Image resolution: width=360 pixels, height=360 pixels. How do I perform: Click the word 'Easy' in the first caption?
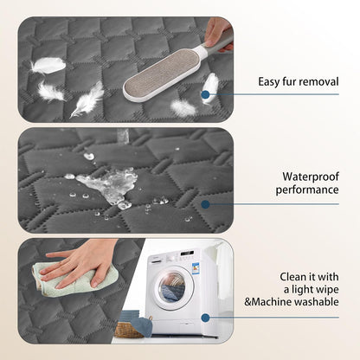click(273, 82)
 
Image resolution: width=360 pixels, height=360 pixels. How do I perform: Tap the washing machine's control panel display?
click(186, 257)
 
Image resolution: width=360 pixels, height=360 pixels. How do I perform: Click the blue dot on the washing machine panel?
click(205, 317)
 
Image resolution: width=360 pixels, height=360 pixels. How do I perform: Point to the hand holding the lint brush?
click(218, 31)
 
